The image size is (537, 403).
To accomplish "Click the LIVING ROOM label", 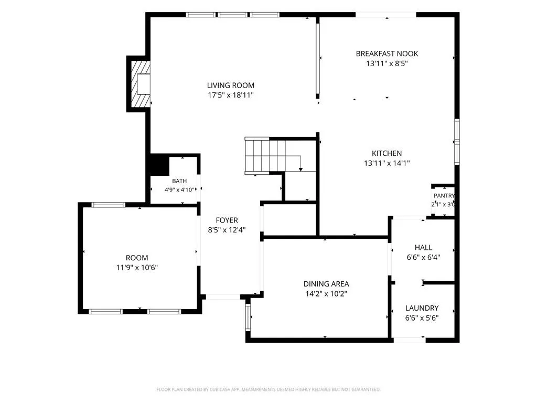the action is point(231,86).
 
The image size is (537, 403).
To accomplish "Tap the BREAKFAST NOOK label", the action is point(387,54).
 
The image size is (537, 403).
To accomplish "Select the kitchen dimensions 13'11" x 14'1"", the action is point(386,163).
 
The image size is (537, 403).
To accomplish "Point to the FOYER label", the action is point(227,220).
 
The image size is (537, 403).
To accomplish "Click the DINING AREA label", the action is point(326,284).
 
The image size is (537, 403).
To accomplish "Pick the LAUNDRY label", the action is point(422,307).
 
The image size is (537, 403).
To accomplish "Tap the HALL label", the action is point(423,248).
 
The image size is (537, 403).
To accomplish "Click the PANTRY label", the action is point(444,196).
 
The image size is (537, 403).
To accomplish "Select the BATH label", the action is point(179,181).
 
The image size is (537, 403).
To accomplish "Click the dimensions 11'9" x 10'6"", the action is point(137,268).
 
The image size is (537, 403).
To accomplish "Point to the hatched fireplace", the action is point(141,84).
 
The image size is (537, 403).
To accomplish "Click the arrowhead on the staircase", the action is point(300,169).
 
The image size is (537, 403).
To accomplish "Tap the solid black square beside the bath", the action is point(159,166).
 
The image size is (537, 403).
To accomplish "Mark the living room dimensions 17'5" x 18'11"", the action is point(231,95).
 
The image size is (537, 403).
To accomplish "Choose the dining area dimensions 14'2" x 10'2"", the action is point(326,294).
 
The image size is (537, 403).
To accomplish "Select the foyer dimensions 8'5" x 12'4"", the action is point(227,230).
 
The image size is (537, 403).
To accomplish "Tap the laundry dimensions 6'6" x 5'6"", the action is point(422,317).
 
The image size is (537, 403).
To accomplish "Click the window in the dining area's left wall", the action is point(249,317).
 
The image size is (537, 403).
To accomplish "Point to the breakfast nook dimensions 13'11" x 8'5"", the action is point(387,63).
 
